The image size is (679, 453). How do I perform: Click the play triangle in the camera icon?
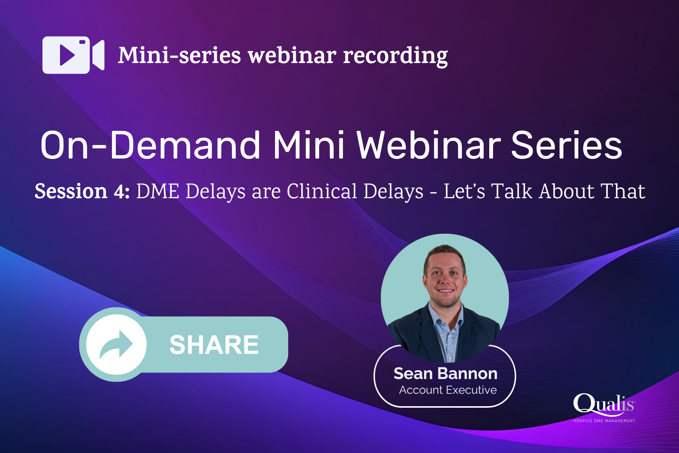(x=67, y=55)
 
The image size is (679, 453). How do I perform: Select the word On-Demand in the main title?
(x=150, y=146)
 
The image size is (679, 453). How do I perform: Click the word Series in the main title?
(x=566, y=146)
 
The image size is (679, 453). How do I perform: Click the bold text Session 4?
(x=82, y=191)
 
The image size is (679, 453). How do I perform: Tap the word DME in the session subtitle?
(x=157, y=191)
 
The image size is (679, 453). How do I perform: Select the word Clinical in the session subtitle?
(x=321, y=191)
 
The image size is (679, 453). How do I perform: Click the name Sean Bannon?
(x=445, y=374)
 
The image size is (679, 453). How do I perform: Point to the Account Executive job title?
(x=448, y=390)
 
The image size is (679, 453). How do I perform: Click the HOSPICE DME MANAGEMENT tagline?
(x=604, y=421)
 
